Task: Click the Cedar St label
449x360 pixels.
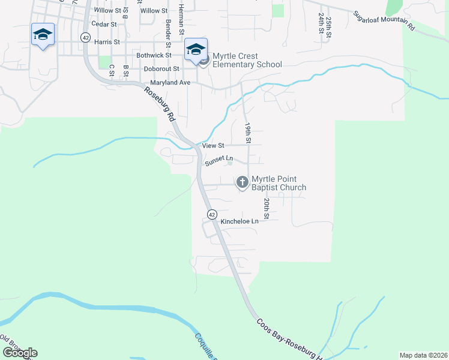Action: click(x=103, y=25)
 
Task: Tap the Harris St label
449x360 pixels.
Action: click(x=107, y=42)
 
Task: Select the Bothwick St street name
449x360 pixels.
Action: click(x=154, y=55)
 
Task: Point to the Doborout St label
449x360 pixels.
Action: click(x=161, y=68)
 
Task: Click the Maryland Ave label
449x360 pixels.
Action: click(x=170, y=82)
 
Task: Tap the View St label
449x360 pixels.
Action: click(x=213, y=145)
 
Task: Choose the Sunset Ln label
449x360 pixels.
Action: click(x=218, y=161)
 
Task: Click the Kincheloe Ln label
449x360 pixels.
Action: click(x=240, y=221)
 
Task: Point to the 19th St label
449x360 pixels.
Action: click(x=247, y=133)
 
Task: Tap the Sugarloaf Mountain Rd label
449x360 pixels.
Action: click(x=384, y=20)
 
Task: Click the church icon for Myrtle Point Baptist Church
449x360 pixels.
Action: click(x=242, y=182)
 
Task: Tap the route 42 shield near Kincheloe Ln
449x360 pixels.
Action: click(x=212, y=214)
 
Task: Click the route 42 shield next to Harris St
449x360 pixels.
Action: click(x=86, y=37)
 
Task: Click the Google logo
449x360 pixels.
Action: click(x=20, y=353)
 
